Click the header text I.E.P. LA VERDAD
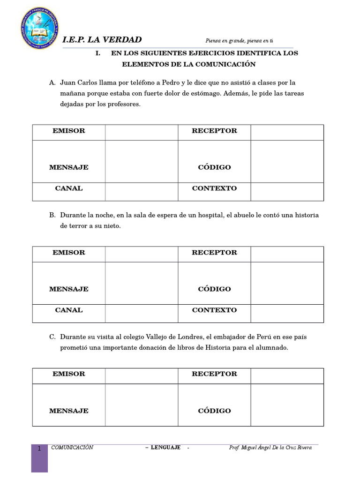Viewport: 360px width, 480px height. point(102,40)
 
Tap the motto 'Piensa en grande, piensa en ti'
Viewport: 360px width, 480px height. point(239,41)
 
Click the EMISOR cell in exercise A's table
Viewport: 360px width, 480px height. point(69,131)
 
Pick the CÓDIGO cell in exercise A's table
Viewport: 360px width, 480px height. point(214,167)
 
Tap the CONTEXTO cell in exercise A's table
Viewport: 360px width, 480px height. point(214,188)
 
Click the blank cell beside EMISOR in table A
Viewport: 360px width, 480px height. point(141,132)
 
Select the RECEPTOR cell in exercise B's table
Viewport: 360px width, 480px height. point(214,253)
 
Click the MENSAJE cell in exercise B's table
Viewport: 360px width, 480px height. point(69,289)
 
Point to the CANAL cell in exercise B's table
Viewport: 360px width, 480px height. point(69,310)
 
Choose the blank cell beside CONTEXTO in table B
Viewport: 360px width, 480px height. point(287,313)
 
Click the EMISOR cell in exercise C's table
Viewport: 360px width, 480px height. point(69,374)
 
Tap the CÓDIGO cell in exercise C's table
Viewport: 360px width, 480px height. point(214,411)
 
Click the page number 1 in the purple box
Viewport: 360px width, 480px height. point(39,449)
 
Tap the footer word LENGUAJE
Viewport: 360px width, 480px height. point(165,448)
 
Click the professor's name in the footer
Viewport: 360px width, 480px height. point(270,448)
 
